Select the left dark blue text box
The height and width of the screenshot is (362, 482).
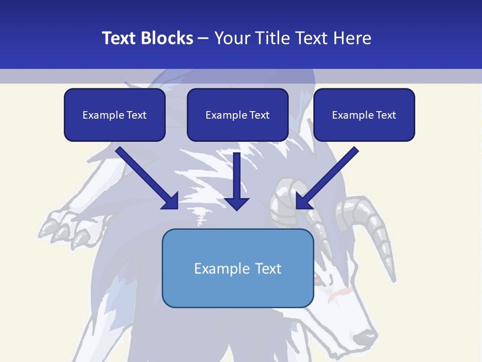coord(114,115)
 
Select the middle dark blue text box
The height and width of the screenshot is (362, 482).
coord(237,115)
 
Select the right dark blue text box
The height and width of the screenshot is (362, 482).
coord(364,115)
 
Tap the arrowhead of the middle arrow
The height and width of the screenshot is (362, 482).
coord(237,203)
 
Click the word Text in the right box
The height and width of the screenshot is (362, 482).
coord(386,115)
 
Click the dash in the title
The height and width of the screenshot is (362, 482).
coord(203,38)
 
